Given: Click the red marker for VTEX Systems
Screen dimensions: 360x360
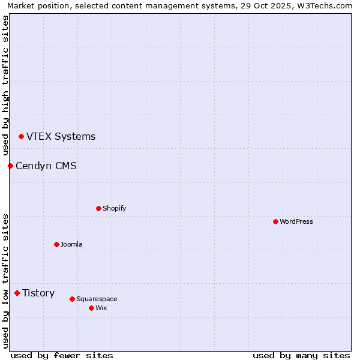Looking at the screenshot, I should click(21, 137).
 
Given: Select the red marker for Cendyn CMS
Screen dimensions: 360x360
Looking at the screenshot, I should click(10, 166).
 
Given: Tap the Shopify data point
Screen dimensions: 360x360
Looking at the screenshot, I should click(98, 208).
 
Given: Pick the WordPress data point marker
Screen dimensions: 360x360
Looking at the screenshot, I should click(275, 221).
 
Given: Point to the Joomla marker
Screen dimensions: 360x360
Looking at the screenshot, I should click(56, 244).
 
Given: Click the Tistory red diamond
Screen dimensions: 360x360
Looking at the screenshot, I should click(17, 293).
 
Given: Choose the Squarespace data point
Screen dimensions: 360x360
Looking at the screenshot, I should click(72, 299).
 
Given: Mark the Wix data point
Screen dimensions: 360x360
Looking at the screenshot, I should click(91, 308).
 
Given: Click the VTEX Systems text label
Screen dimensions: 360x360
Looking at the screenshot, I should click(61, 137).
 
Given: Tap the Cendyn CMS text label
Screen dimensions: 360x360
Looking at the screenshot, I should click(46, 166).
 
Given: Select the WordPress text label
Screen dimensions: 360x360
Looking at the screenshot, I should click(296, 221).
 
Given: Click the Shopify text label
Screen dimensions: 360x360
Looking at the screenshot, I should click(114, 208).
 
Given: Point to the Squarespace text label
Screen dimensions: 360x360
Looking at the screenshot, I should click(97, 299).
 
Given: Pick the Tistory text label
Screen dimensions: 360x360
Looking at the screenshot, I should click(38, 293).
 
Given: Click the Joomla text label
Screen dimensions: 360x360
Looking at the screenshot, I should click(71, 244).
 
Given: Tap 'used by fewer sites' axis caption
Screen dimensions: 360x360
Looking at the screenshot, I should click(62, 355).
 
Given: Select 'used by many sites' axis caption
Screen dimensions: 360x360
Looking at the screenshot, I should click(301, 355).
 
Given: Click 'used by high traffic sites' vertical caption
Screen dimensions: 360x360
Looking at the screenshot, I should click(6, 85).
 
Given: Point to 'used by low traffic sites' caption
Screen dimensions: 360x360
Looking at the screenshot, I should click(6, 281).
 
